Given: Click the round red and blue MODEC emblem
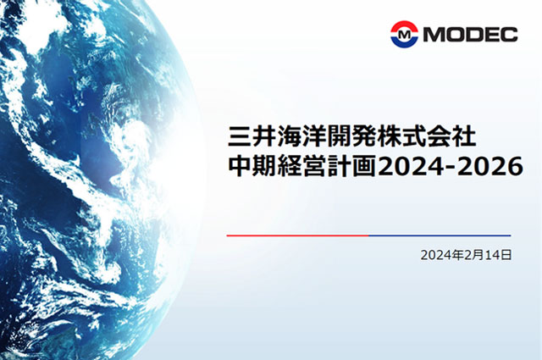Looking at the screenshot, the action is click(x=404, y=34).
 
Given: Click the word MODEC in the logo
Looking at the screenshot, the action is click(x=471, y=35).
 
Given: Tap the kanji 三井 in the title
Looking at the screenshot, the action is click(x=252, y=136).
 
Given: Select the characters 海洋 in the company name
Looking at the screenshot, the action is click(x=301, y=136).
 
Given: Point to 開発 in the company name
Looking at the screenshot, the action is click(x=351, y=136).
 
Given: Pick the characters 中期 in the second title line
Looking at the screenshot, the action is click(x=252, y=166).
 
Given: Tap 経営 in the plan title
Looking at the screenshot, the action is click(x=301, y=166).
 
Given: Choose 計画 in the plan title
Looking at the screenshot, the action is click(x=351, y=166).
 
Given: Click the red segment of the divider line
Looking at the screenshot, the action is click(x=297, y=235).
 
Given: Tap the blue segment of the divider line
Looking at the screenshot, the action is click(x=440, y=235).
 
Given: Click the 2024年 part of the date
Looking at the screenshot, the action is click(x=442, y=255).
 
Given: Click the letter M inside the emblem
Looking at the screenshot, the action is click(x=404, y=35).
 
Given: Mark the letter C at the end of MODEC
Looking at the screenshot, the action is click(x=510, y=35).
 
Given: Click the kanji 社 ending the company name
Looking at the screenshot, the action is click(x=465, y=136).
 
